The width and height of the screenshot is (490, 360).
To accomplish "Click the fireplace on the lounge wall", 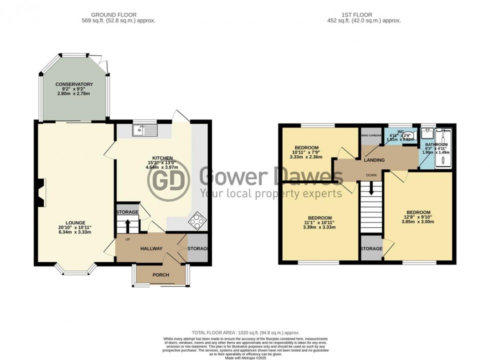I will tap(40, 192).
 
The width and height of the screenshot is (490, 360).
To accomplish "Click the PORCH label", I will tap(160, 275).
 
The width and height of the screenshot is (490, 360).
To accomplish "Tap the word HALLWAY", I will tap(151, 248).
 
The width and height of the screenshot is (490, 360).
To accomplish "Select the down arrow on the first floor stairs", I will tap(371, 188).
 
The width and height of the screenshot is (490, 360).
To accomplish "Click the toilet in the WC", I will tap(398, 134).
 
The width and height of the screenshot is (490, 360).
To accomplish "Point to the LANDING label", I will tap(374, 160).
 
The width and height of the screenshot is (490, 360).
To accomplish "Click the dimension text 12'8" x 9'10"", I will tap(418, 217).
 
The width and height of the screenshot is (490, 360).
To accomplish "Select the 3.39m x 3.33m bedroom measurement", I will tap(319, 227).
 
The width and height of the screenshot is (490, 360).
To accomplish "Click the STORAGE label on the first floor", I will tap(371, 248).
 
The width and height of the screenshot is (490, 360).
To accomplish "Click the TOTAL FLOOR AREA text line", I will tap(245, 332).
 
